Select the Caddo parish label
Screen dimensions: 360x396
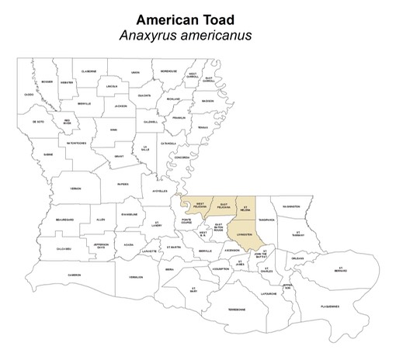click(x=29, y=94)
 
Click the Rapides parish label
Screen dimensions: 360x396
click(x=122, y=185)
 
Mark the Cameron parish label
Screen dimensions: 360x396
click(x=75, y=274)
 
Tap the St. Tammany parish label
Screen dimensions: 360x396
click(x=297, y=233)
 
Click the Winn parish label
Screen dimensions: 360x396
click(x=113, y=130)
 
